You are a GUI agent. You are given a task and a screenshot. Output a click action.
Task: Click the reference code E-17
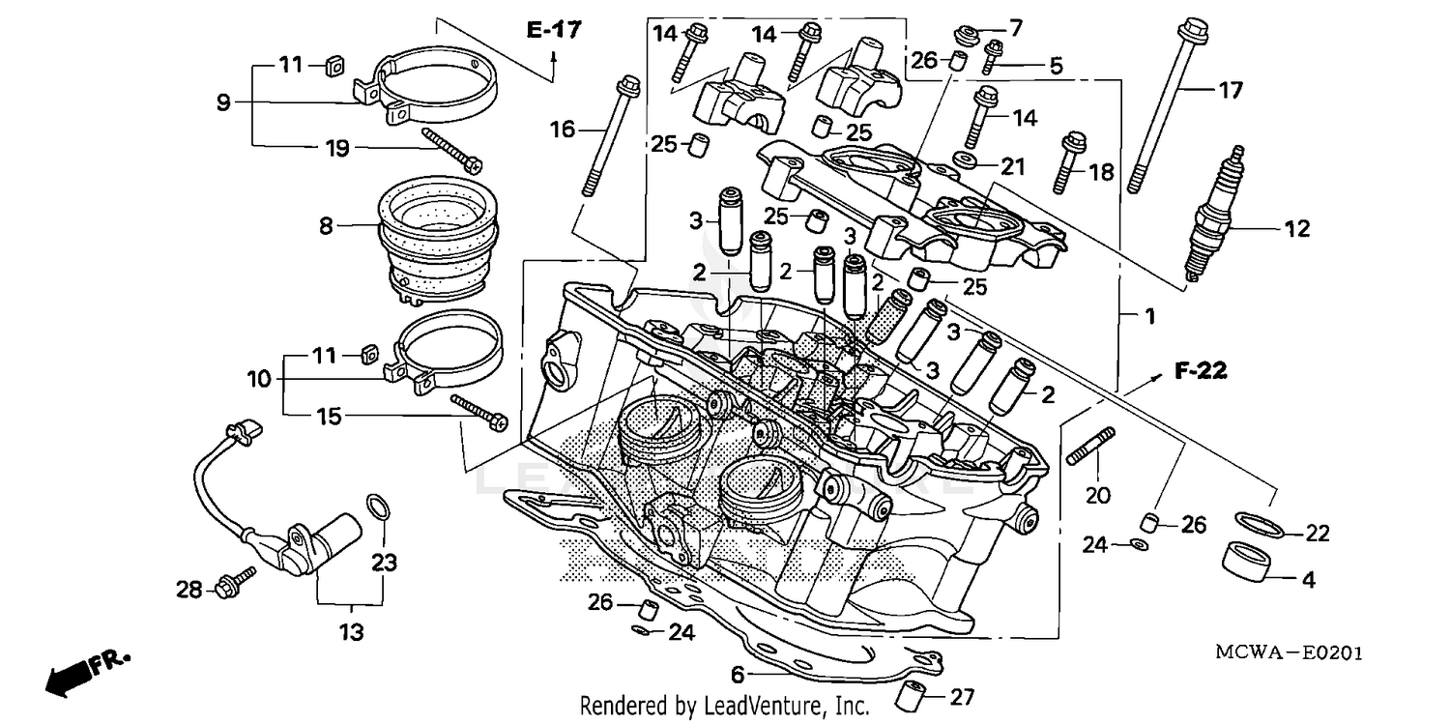click(x=554, y=30)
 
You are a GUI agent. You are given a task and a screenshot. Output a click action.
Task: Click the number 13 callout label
click(x=351, y=633)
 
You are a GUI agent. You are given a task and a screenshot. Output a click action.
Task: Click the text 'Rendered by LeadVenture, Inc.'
click(x=724, y=707)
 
